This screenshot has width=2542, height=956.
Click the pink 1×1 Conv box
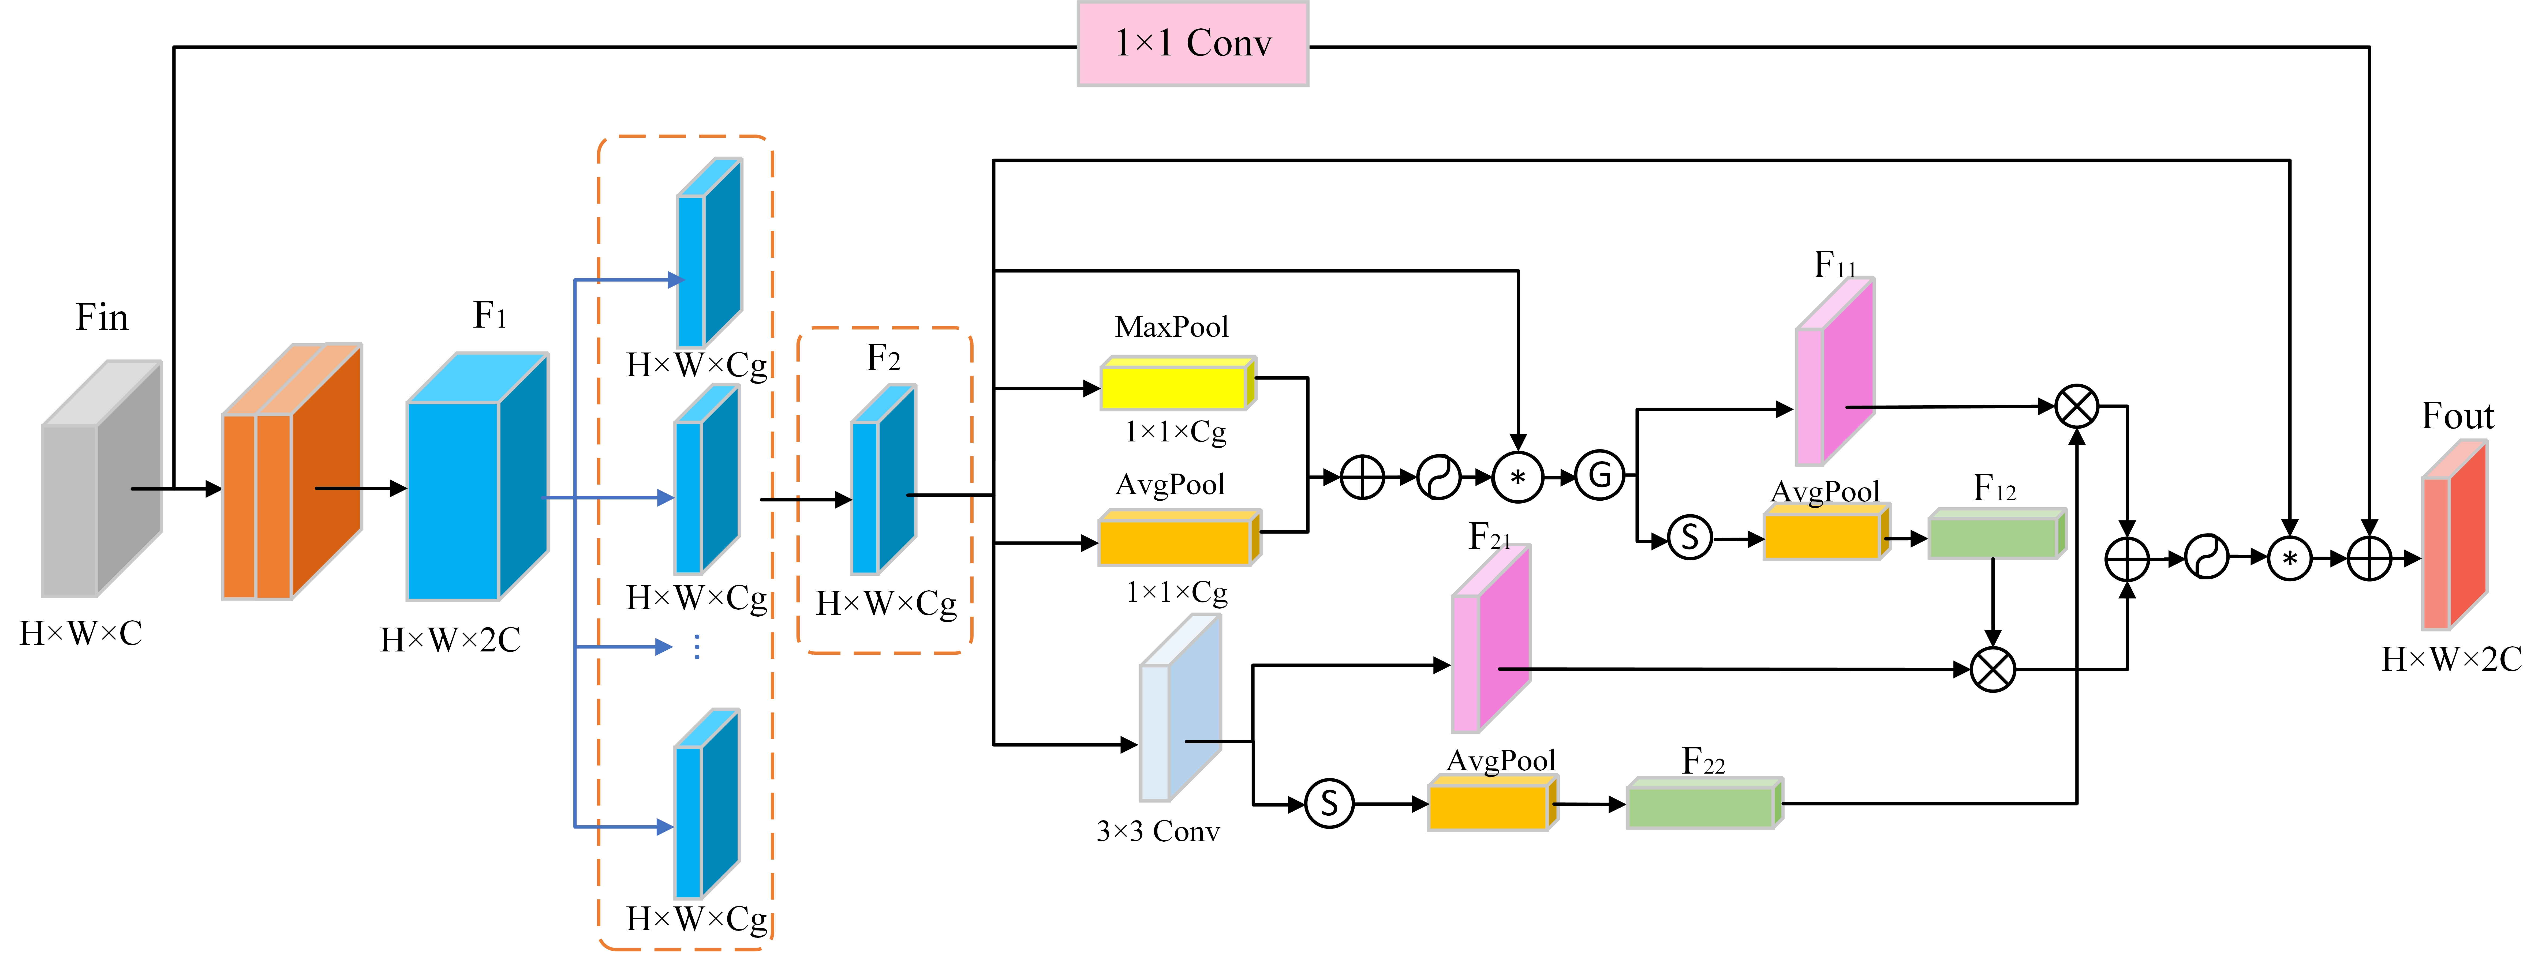(x=1192, y=43)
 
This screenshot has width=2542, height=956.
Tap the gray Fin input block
(x=101, y=478)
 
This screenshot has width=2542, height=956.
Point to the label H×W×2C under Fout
(x=2451, y=659)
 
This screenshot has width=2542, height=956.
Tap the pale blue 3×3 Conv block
(x=1180, y=707)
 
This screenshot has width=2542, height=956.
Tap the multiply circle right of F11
(x=2076, y=406)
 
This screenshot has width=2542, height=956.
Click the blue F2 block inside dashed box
(x=883, y=479)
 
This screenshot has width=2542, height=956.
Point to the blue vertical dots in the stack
(x=697, y=646)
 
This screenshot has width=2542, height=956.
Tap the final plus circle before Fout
(x=2368, y=558)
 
